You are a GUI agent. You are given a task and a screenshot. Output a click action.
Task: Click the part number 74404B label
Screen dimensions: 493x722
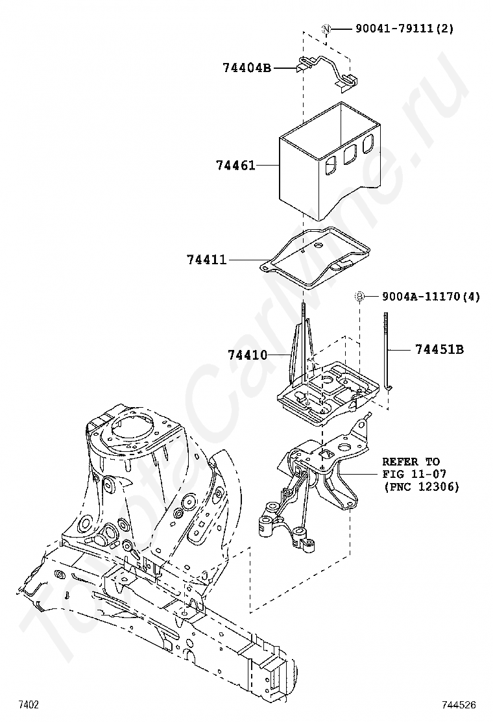coord(247,68)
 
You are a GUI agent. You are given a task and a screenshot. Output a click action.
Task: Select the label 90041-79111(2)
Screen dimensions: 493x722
coord(404,29)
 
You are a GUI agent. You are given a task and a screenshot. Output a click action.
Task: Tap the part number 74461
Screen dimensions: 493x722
coord(235,165)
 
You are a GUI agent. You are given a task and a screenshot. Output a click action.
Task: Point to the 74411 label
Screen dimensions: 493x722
coord(207,260)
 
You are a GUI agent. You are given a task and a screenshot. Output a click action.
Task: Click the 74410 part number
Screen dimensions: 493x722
coord(247,355)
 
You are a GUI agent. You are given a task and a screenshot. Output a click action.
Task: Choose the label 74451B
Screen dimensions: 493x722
coord(440,350)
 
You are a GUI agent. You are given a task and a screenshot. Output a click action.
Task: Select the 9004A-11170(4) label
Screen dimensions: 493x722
coord(431,297)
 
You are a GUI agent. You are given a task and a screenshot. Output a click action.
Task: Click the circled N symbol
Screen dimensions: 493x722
coord(326,29)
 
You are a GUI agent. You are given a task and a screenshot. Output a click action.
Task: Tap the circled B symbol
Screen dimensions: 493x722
coord(359,297)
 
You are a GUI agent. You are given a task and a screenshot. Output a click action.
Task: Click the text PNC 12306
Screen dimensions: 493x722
coord(424,486)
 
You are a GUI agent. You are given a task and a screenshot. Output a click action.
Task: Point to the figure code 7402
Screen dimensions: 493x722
coord(28,705)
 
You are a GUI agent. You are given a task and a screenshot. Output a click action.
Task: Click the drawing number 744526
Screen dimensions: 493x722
coord(459,705)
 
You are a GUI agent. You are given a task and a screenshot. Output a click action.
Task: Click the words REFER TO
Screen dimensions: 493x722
coord(411,462)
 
